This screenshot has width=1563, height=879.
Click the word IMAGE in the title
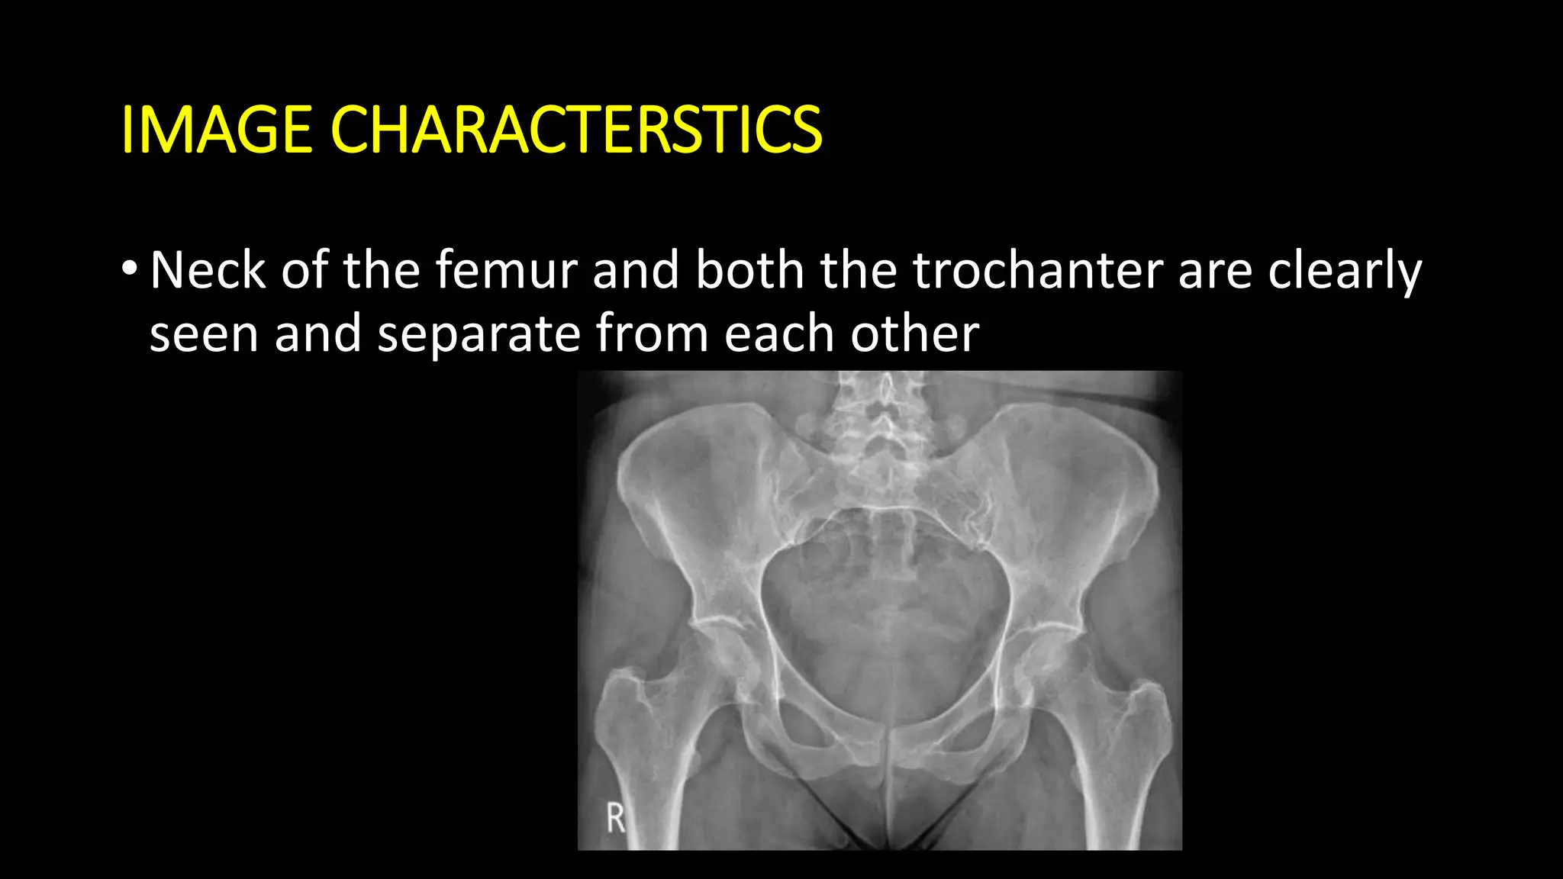tap(216, 130)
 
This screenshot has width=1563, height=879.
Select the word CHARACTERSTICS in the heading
tap(576, 130)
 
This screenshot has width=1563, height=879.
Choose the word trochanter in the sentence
tap(1037, 270)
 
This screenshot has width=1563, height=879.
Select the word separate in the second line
tap(479, 334)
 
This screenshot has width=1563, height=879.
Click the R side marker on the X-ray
tap(615, 818)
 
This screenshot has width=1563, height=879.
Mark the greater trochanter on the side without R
tap(1149, 706)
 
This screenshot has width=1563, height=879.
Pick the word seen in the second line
tap(204, 334)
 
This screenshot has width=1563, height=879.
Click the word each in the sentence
tap(779, 334)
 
